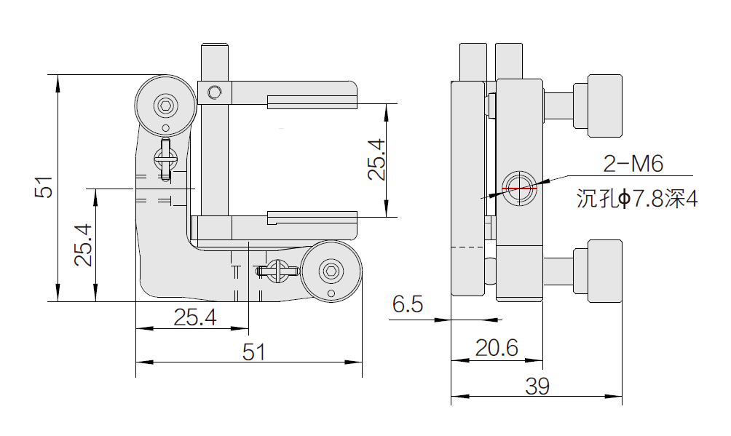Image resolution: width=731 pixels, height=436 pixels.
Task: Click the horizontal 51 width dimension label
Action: [x=253, y=352]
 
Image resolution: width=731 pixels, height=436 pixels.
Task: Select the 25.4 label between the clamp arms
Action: [x=376, y=159]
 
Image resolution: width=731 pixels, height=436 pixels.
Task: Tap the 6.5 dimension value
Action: [x=408, y=304]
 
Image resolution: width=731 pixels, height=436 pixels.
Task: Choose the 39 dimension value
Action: [x=537, y=386]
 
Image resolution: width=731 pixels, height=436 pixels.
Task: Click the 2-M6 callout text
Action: [x=633, y=165]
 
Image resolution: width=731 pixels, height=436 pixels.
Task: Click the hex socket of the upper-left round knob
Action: [x=166, y=108]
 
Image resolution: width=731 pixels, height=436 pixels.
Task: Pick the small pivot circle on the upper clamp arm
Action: [x=214, y=92]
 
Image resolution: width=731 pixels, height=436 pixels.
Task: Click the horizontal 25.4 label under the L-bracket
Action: [x=195, y=317]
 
